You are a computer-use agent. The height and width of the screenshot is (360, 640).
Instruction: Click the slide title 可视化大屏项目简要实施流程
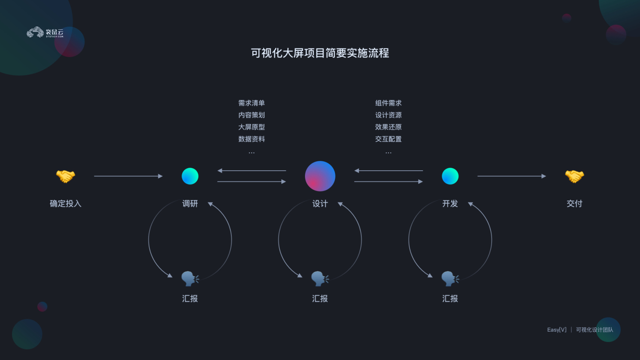[320, 53]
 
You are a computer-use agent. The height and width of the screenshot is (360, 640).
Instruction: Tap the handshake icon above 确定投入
[65, 176]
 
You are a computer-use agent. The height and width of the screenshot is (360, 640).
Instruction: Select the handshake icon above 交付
[574, 176]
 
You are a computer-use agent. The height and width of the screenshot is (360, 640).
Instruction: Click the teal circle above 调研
[190, 176]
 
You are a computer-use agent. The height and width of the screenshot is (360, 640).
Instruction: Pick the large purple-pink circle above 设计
[320, 176]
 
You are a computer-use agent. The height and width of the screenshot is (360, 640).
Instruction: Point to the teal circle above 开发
[450, 176]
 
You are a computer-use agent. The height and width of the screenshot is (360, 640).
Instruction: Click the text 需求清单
[251, 103]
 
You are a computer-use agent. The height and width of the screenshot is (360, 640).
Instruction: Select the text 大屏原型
[251, 127]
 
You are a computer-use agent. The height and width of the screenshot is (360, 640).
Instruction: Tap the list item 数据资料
[251, 139]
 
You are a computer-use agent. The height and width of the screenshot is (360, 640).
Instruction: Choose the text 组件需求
[388, 103]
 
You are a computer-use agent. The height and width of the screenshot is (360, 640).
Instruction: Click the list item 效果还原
[388, 127]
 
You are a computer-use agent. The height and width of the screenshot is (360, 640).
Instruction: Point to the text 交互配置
[388, 139]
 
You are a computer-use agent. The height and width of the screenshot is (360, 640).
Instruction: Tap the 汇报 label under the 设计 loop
[320, 299]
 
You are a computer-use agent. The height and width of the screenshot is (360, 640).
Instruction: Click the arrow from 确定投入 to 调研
[128, 176]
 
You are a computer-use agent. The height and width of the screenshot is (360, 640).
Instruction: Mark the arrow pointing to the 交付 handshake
[511, 176]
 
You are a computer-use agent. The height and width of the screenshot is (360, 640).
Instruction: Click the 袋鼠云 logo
[45, 33]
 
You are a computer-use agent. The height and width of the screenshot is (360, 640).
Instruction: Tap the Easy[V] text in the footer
[557, 330]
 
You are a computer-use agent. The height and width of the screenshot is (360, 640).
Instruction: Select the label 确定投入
[65, 203]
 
